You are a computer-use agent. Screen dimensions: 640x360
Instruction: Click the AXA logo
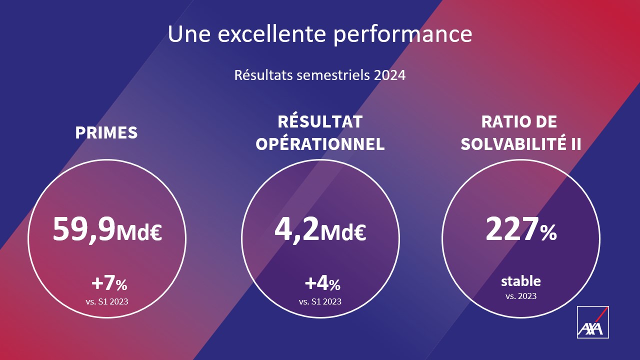tap(593, 322)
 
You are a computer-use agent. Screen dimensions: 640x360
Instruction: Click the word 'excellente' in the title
tap(271, 34)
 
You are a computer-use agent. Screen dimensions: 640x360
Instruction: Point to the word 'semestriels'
tap(333, 75)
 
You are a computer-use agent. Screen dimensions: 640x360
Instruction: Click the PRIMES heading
tap(106, 132)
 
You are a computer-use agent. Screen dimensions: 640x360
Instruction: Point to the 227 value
tap(512, 229)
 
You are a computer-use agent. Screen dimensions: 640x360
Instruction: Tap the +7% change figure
tap(109, 283)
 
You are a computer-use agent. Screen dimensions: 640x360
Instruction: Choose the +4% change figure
tap(322, 283)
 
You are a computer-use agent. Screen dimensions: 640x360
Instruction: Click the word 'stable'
tap(521, 281)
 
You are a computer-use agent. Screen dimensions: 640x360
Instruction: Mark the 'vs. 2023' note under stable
tap(521, 296)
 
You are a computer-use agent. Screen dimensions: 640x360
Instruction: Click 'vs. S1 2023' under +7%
tap(107, 301)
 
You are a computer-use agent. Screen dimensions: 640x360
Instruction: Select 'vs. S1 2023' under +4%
tap(320, 301)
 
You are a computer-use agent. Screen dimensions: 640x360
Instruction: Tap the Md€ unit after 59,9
tap(139, 232)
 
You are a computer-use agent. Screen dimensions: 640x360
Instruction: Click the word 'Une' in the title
tap(189, 34)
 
